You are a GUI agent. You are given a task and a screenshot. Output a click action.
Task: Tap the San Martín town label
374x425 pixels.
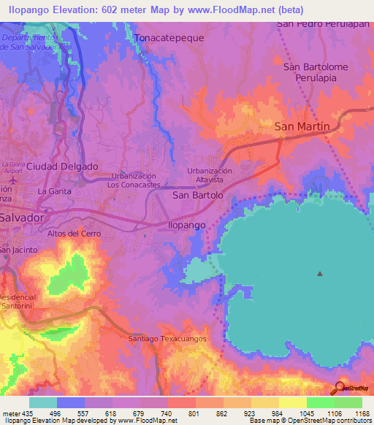(302, 126)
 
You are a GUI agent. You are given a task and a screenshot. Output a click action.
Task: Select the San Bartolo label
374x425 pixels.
(197, 196)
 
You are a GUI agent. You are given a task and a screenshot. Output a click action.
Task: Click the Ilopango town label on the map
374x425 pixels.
(188, 226)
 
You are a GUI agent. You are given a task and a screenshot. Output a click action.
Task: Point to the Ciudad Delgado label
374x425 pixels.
(62, 166)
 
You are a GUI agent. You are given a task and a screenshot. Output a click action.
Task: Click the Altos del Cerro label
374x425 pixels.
(74, 234)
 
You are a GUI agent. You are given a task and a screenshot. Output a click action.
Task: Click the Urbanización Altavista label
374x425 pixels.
(210, 174)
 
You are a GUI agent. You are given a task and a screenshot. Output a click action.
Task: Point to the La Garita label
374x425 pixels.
(53, 191)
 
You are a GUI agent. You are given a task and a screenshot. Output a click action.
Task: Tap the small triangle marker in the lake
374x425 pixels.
(319, 274)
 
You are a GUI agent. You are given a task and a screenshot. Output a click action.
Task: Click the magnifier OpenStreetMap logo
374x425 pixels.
(339, 388)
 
